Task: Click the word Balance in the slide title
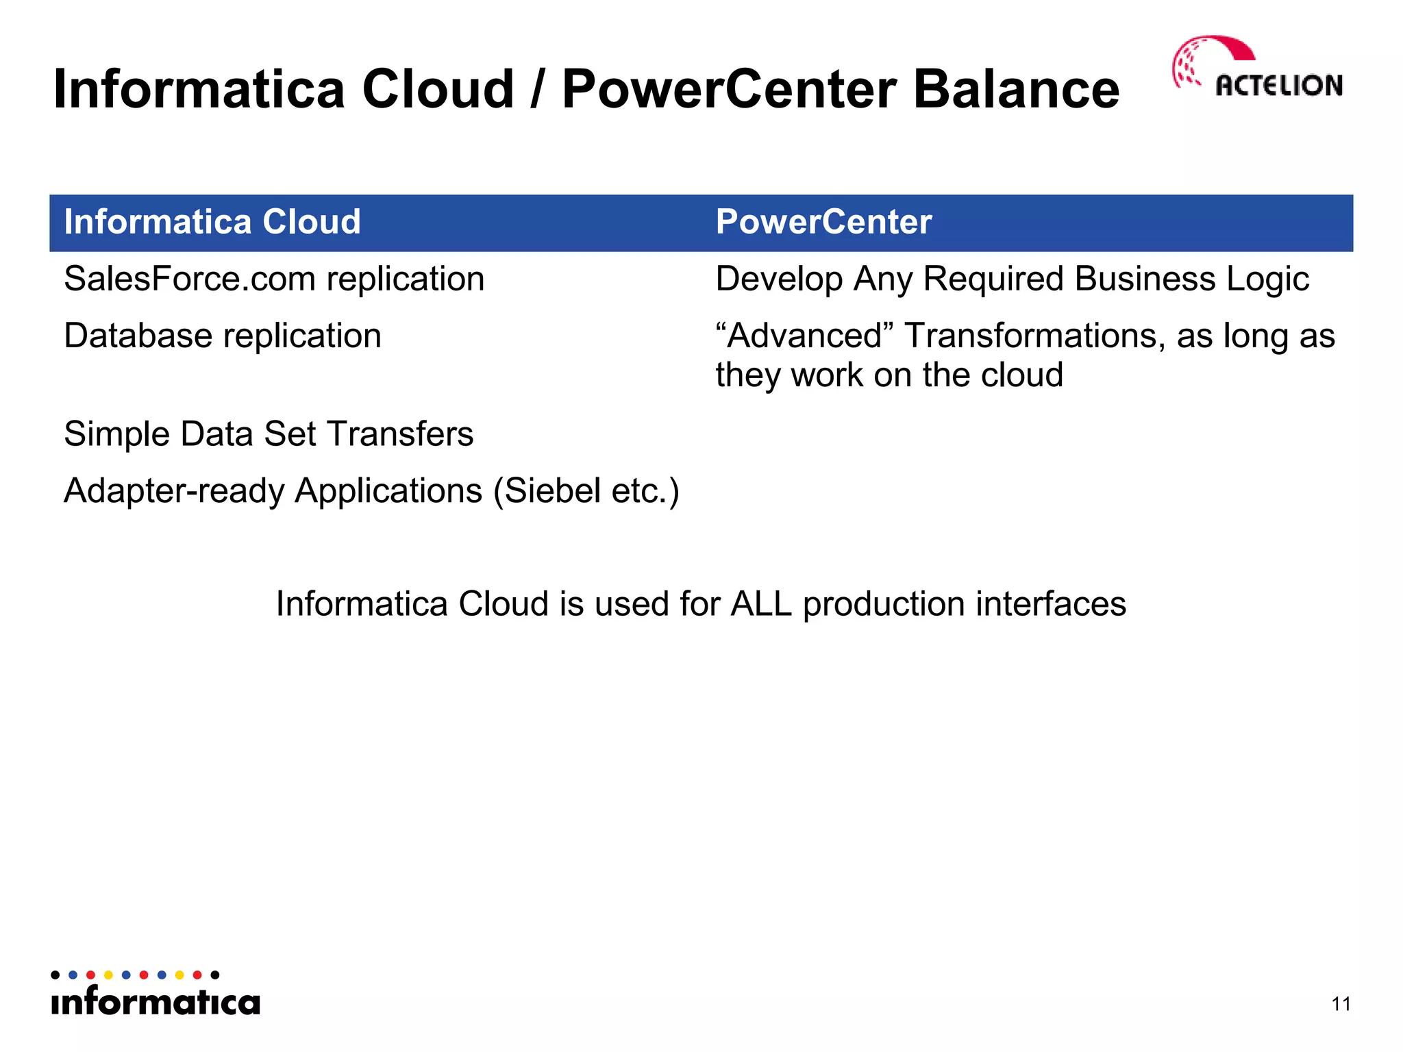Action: point(1016,90)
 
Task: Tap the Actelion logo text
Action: point(1278,86)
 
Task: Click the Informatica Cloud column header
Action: point(212,222)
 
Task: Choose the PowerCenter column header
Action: point(823,222)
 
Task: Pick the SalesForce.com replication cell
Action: point(274,279)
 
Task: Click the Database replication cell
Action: point(223,336)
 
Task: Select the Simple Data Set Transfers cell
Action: point(269,434)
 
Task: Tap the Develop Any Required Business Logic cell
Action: point(1012,279)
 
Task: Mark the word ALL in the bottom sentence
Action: point(760,604)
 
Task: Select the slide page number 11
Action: point(1341,1004)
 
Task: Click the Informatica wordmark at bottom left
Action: point(156,1001)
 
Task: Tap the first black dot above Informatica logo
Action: point(55,975)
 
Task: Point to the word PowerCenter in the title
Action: point(729,90)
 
